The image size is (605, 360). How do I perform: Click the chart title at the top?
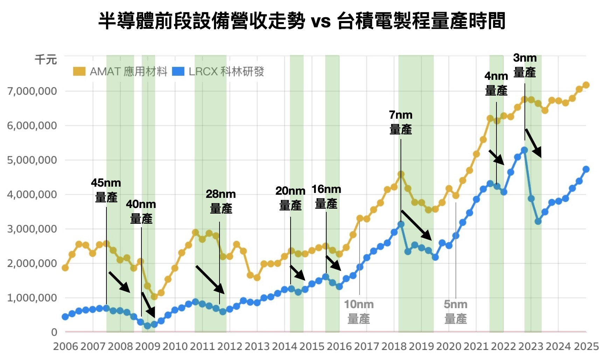coord(302,21)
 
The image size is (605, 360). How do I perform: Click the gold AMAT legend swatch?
coord(79,71)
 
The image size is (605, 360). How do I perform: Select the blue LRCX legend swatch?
coord(178,71)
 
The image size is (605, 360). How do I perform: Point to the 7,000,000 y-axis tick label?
coord(32,91)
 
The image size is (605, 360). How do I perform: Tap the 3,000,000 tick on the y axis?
coord(32,229)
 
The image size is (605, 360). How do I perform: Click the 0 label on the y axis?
coord(54,332)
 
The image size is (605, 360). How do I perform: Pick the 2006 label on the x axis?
coord(65,346)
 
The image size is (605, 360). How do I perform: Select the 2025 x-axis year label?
coord(586,346)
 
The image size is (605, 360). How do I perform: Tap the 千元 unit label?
coord(46,60)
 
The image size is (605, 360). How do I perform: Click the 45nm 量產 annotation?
coord(106,190)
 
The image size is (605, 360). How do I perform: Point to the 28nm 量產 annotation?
coord(221,201)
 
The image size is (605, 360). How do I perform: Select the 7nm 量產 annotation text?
coord(401,122)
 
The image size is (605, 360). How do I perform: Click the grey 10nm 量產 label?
coord(359,311)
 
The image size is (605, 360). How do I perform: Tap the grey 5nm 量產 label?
coord(456,311)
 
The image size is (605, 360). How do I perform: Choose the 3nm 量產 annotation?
coord(524,65)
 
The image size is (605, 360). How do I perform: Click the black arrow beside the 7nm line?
coord(416,225)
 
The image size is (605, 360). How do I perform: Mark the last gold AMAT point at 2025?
coord(586,85)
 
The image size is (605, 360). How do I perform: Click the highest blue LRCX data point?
coord(524,150)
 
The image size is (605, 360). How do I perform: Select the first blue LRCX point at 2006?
coord(65,317)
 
